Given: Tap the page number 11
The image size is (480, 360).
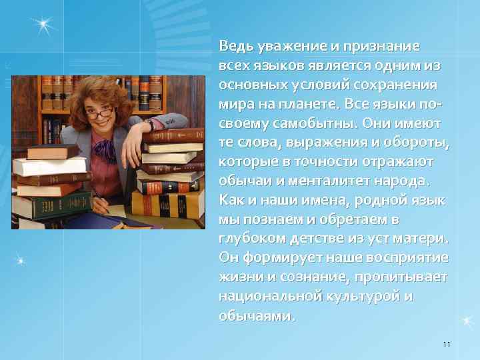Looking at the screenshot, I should tap(446, 344).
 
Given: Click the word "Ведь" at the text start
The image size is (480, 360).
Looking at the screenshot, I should tap(234, 47).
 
